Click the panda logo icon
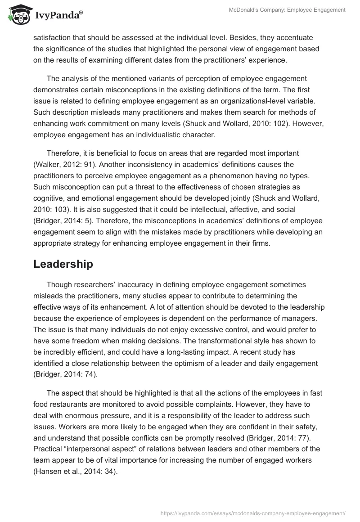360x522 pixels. tap(18, 14)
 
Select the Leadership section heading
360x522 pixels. tap(63, 264)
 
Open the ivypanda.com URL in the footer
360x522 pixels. tap(253, 512)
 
